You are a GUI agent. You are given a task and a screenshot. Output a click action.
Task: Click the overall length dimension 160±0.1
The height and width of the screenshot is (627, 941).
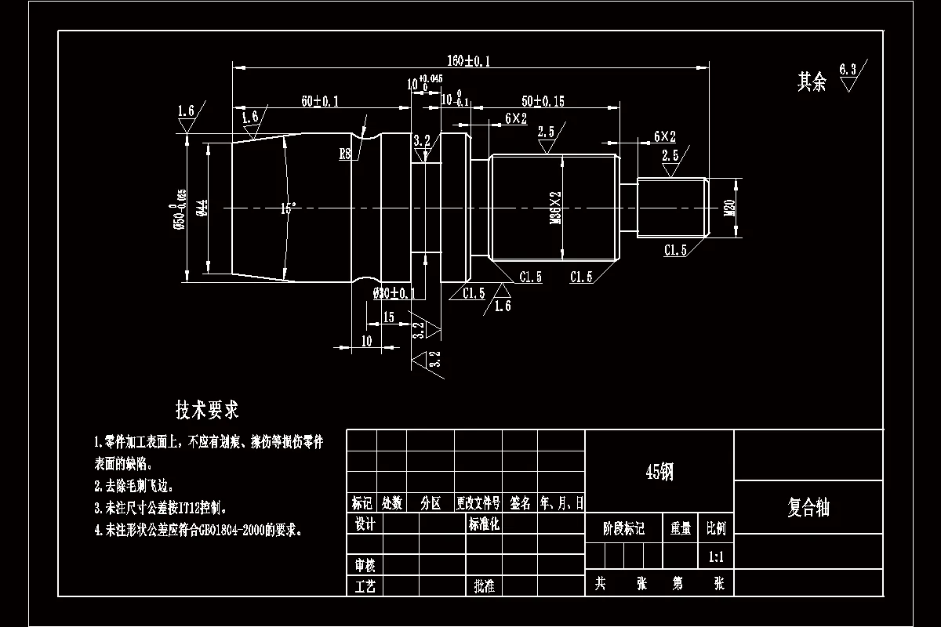[468, 61]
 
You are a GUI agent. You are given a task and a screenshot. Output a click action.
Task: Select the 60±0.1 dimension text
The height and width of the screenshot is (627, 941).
[320, 101]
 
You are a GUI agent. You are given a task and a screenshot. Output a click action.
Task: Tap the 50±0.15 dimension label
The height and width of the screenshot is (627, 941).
[543, 101]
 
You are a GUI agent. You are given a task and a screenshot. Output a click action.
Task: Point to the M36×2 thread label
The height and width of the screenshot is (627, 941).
[556, 208]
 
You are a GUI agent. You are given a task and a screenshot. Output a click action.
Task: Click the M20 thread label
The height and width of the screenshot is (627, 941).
[728, 208]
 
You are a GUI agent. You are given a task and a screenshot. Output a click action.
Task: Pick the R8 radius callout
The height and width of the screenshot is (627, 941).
[345, 154]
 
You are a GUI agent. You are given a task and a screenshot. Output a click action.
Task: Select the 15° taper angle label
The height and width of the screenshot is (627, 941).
[289, 208]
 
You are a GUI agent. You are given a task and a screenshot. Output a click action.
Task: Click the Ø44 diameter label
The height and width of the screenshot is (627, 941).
[201, 208]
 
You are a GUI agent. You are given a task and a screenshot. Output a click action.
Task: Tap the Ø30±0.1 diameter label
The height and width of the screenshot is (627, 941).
[394, 293]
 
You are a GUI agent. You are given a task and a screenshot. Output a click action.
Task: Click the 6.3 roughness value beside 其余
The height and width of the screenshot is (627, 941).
[847, 69]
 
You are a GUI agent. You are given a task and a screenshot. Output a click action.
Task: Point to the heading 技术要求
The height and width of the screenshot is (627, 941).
[207, 409]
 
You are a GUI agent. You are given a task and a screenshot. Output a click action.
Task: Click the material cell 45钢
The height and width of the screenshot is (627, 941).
[659, 472]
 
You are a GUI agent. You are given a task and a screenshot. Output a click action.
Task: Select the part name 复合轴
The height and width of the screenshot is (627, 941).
[808, 508]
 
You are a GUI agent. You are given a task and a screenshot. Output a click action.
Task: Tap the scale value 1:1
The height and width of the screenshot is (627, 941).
[715, 557]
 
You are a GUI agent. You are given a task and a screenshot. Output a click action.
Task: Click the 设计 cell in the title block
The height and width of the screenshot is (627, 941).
[365, 524]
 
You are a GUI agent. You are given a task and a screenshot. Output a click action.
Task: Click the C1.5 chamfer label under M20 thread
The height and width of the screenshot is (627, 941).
[675, 251]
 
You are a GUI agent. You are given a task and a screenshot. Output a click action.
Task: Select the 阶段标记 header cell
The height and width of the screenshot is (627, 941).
[623, 529]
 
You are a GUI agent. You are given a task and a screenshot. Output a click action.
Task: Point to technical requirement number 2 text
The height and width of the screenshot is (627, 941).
[133, 486]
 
